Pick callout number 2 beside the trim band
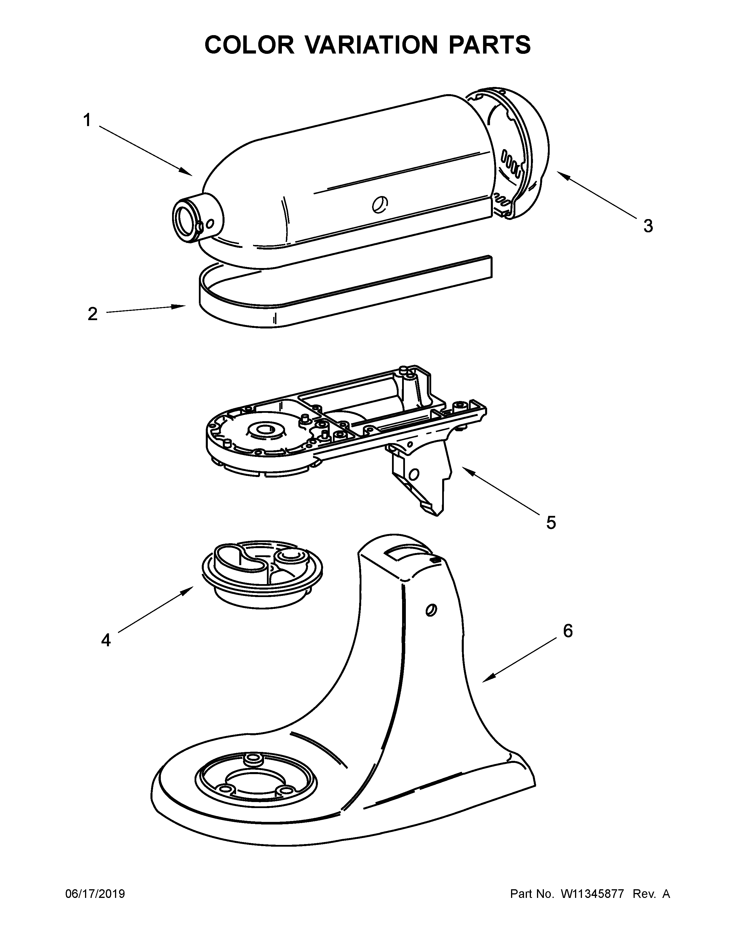click(92, 314)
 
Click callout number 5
click(551, 522)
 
